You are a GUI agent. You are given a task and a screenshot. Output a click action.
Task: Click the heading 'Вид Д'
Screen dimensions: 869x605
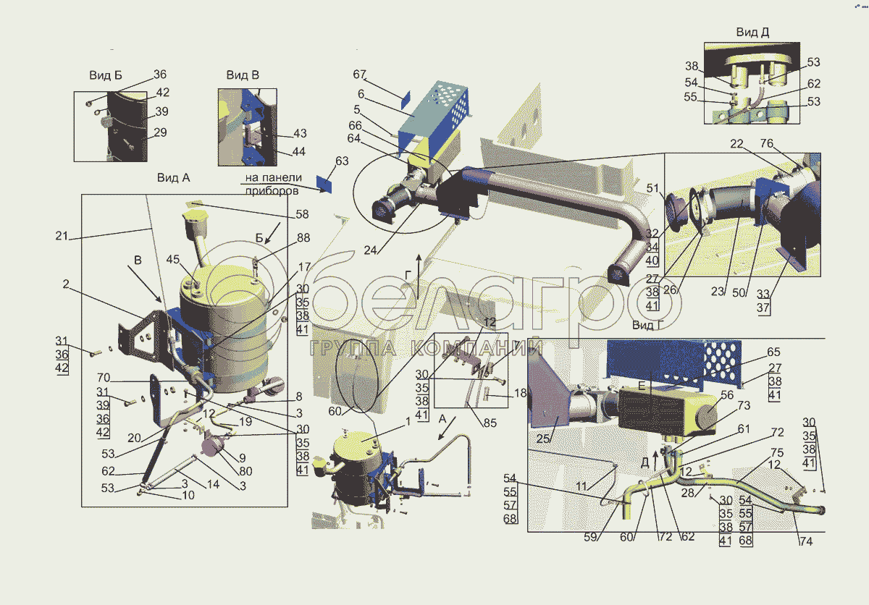tap(752, 32)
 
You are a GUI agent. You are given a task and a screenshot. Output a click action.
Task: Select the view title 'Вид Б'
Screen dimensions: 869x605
tap(106, 75)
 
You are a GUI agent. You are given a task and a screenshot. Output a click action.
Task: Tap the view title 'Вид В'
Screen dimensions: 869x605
tap(243, 75)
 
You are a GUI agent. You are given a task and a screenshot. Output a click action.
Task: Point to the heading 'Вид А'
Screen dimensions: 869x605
tap(173, 177)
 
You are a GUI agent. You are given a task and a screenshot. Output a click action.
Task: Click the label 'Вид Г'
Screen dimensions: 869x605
tap(647, 325)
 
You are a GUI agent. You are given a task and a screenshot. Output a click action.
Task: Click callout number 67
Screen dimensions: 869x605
tap(359, 74)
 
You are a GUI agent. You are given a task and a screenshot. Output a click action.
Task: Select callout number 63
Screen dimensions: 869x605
tap(342, 161)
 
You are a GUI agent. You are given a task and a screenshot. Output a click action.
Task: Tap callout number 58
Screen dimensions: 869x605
tap(302, 214)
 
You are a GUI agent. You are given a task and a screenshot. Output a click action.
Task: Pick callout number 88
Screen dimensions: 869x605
tap(303, 237)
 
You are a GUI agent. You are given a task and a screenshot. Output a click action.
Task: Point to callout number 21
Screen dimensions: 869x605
tap(62, 236)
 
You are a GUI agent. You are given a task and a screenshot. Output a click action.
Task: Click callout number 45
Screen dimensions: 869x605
tap(172, 259)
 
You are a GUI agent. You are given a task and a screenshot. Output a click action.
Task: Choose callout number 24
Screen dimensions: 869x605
tap(370, 250)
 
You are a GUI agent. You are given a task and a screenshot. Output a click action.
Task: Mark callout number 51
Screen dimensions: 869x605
tap(652, 188)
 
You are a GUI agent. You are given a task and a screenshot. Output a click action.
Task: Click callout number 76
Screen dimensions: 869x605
tap(767, 143)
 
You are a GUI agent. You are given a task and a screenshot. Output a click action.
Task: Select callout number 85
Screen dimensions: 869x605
tap(490, 423)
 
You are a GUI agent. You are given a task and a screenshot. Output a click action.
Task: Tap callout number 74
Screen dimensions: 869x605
tap(806, 541)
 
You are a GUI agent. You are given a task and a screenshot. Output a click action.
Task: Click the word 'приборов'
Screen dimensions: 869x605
tap(272, 190)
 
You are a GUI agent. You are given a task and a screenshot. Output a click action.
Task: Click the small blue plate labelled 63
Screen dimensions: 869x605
tap(324, 184)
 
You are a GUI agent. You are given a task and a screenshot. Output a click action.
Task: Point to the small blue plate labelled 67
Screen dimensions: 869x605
tap(405, 100)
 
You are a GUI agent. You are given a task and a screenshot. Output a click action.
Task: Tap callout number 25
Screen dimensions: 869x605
tap(542, 439)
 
